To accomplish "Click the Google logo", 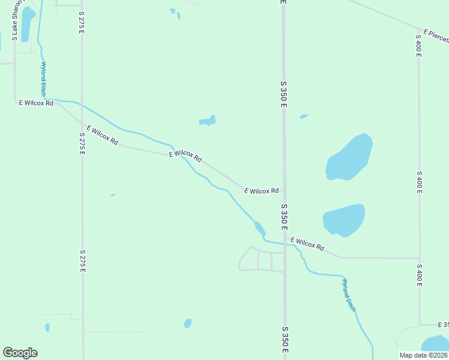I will coord(20,353).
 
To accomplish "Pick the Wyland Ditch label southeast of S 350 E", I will coord(349,295).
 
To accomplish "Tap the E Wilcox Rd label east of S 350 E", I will coord(307,244).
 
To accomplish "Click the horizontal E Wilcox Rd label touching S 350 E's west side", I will coord(262,191).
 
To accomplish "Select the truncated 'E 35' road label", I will coord(443,325).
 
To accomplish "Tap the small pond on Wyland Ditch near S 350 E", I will coord(260,228).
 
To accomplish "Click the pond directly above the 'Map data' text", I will coord(436,344).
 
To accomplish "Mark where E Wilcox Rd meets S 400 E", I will coord(418,258).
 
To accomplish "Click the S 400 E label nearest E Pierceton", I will coord(418,46).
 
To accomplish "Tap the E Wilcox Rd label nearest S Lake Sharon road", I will coord(36,103).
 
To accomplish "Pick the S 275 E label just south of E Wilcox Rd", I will coord(82,144).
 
